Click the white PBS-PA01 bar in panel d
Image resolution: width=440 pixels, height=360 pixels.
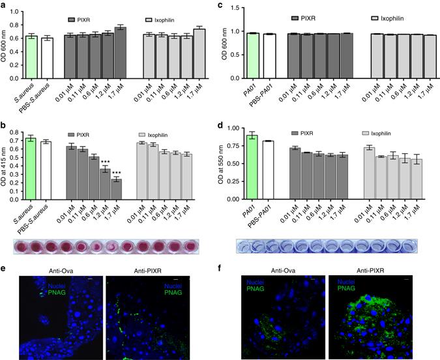[x=267, y=170]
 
